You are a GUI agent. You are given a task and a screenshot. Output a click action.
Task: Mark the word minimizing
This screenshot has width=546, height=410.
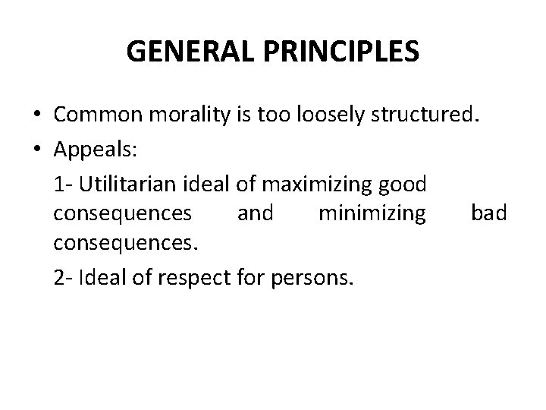click(x=372, y=214)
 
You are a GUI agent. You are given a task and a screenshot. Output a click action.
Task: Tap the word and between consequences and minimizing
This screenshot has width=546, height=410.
click(x=256, y=214)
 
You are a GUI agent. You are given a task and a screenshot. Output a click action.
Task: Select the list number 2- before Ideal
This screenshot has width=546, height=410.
click(x=64, y=279)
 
